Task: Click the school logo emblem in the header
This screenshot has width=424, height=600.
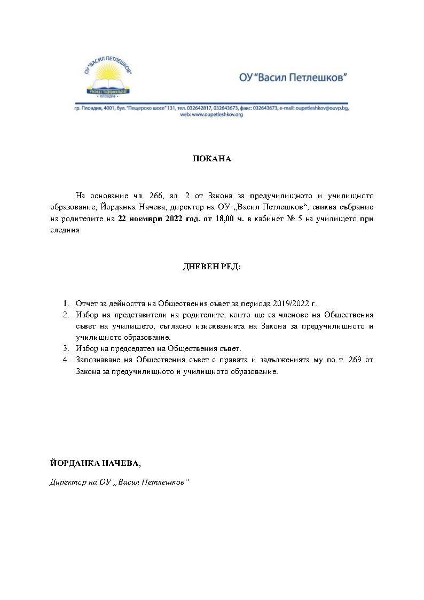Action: tap(112, 77)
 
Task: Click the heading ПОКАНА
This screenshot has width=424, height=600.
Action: tap(212, 159)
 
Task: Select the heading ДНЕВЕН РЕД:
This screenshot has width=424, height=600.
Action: tap(212, 266)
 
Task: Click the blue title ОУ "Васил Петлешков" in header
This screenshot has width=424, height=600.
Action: tap(293, 78)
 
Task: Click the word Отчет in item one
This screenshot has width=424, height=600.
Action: tap(85, 303)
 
